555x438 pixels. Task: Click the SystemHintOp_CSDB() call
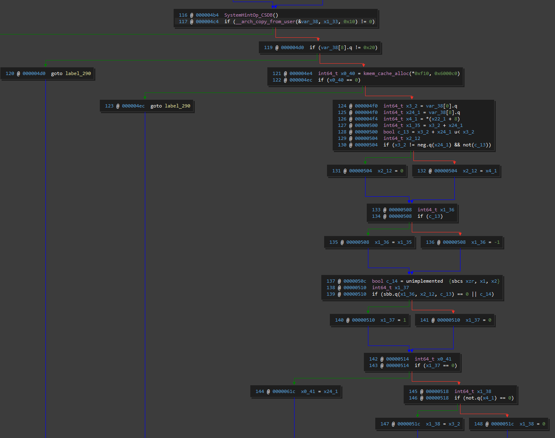pyautogui.click(x=251, y=15)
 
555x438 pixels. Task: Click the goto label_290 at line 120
pyautogui.click(x=71, y=73)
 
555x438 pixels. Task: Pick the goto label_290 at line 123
pyautogui.click(x=170, y=106)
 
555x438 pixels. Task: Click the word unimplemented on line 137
pyautogui.click(x=424, y=281)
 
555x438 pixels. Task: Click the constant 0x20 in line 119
pyautogui.click(x=369, y=47)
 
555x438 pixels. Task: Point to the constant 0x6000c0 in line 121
pyautogui.click(x=447, y=73)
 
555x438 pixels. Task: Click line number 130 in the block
pyautogui.click(x=342, y=145)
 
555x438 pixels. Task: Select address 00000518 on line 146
pyautogui.click(x=437, y=398)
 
